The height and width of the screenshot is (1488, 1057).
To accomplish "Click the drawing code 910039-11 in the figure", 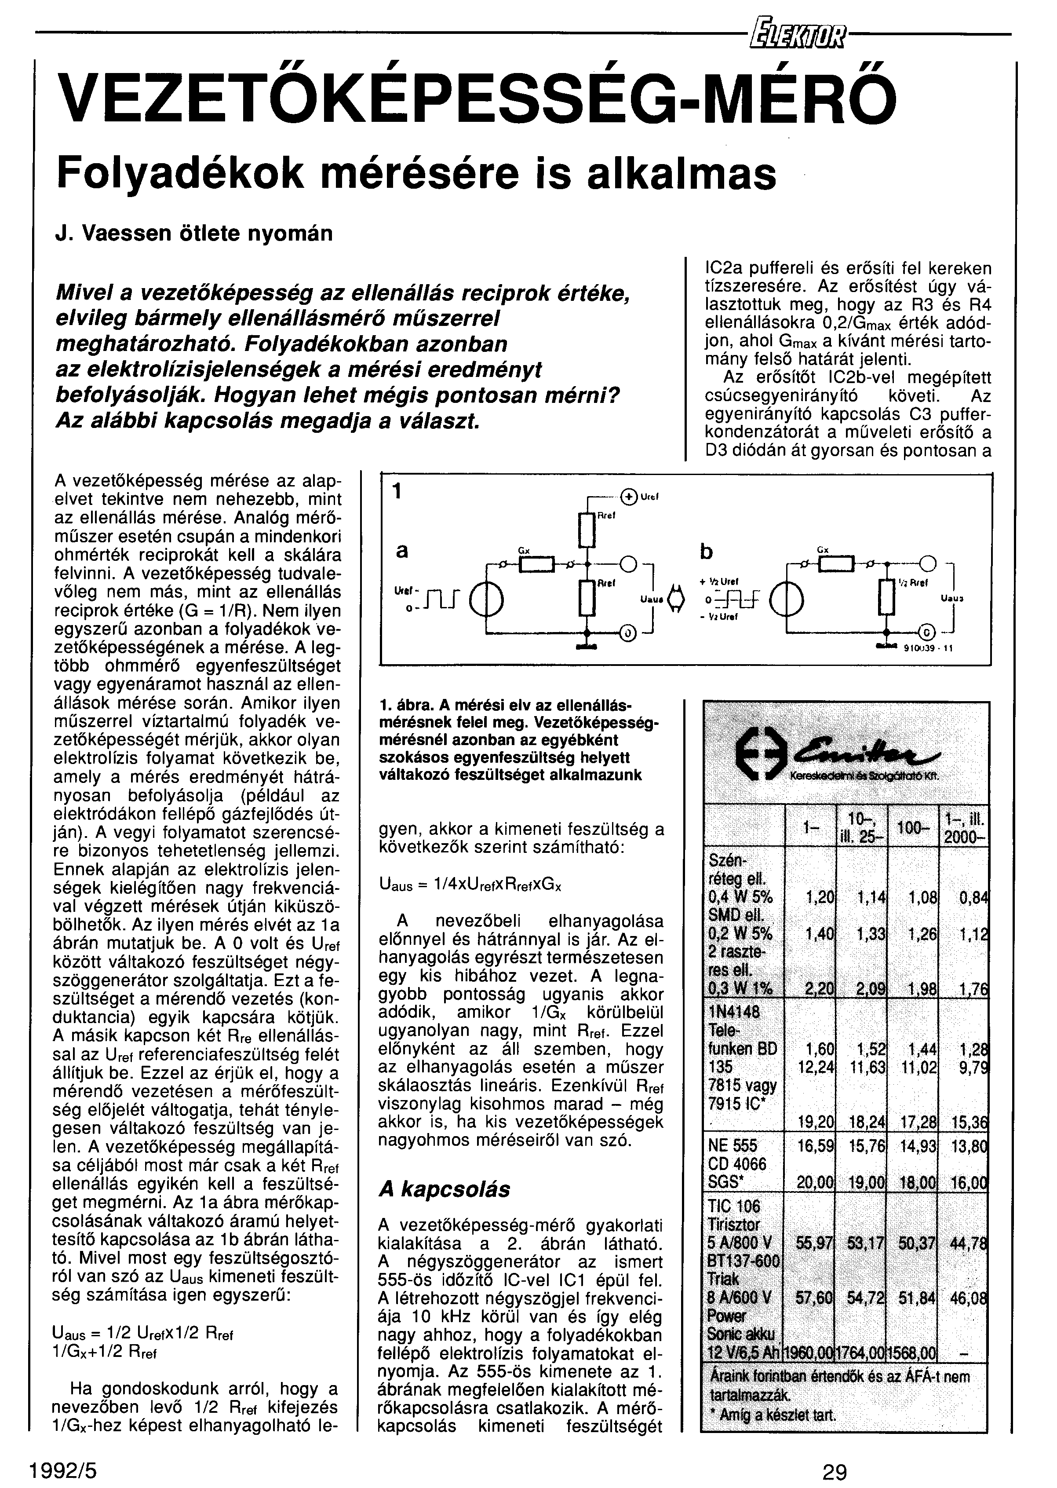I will (929, 647).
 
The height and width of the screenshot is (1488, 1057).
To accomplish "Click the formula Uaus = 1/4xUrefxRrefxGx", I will (470, 886).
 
